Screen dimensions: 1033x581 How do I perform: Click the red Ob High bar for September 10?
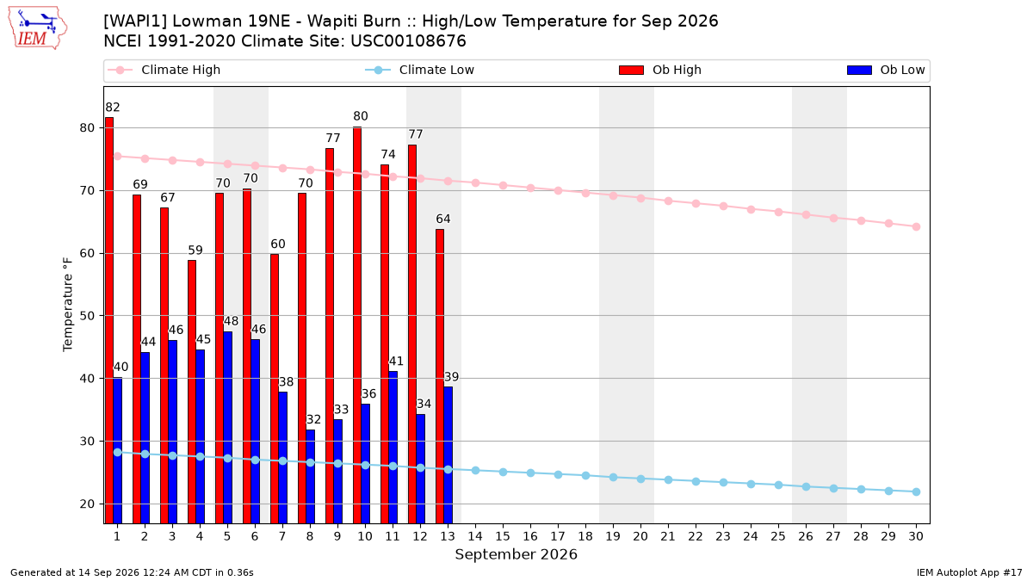[x=357, y=325]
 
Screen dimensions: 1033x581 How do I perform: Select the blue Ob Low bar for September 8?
[x=311, y=476]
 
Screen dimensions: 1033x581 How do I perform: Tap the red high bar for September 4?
[x=192, y=392]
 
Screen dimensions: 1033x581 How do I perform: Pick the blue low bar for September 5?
[x=228, y=428]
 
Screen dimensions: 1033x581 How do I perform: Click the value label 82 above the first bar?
[x=113, y=108]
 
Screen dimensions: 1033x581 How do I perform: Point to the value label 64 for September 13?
[x=443, y=219]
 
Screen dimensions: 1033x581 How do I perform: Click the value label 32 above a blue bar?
[x=313, y=419]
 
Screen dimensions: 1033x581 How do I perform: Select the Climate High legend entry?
[x=164, y=70]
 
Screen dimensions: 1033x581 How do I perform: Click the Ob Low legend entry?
[x=886, y=70]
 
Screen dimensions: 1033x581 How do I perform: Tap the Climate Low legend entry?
[x=419, y=70]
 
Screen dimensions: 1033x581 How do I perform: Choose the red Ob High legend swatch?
[x=631, y=70]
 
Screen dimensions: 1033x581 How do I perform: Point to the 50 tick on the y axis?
[x=87, y=316]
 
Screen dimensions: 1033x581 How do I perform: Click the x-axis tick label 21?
[x=668, y=536]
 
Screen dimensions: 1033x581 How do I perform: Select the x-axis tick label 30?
[x=916, y=536]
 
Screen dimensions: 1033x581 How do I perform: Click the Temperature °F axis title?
[x=68, y=305]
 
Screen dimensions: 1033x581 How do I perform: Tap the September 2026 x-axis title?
[x=516, y=554]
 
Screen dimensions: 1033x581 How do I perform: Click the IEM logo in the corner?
[x=38, y=28]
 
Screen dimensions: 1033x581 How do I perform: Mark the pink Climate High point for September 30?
[x=916, y=227]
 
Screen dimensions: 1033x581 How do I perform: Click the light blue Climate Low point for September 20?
[x=640, y=479]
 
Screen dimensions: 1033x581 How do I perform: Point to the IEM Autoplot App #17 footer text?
[x=969, y=572]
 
